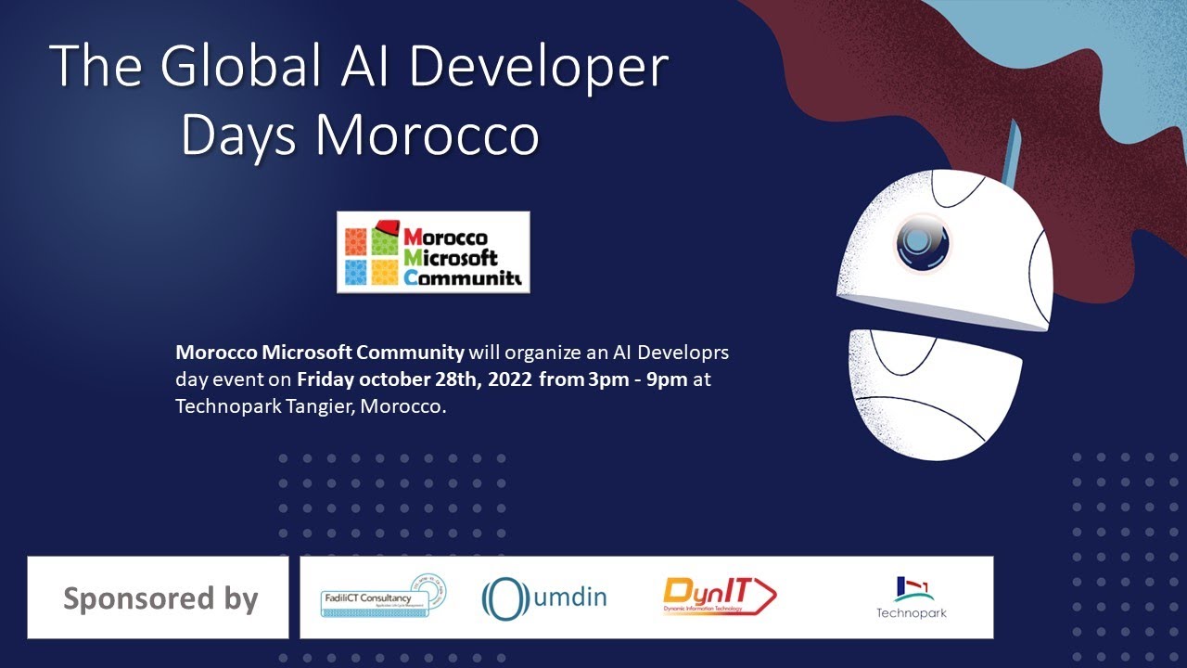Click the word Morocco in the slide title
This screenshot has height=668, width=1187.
coord(428,135)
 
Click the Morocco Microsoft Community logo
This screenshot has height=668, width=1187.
coord(433,252)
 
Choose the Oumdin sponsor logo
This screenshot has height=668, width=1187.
coord(543,597)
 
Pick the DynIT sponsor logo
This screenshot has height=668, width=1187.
coord(720,597)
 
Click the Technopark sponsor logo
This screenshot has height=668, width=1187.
coord(912,597)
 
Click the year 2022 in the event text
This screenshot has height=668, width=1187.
coord(508,379)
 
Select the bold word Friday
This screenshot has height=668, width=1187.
coord(326,379)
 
